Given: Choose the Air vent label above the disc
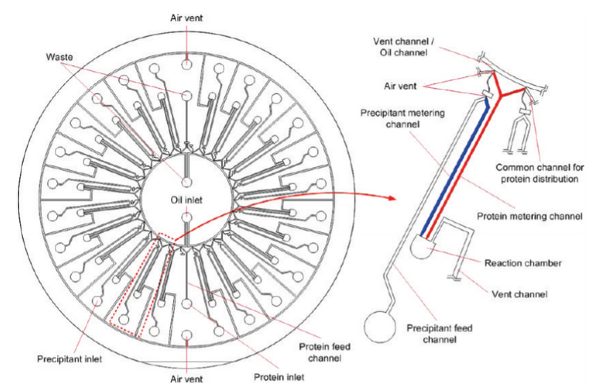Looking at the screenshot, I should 188,16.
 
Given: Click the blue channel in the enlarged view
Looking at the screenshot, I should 451,170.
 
